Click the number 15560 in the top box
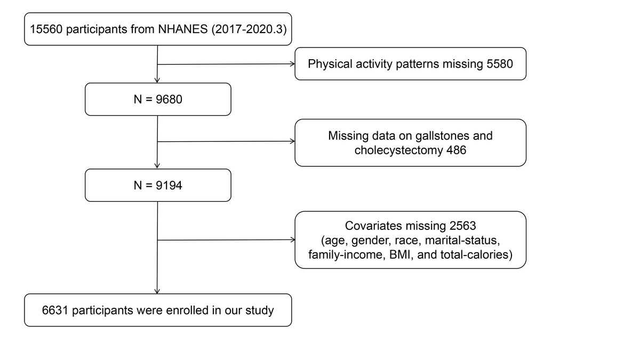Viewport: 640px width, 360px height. pyautogui.click(x=46, y=29)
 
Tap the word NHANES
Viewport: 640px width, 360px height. pyautogui.click(x=183, y=29)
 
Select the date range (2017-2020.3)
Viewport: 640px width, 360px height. pyautogui.click(x=249, y=29)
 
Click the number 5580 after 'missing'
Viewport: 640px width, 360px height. pyautogui.click(x=500, y=63)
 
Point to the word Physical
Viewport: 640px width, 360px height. pyautogui.click(x=330, y=63)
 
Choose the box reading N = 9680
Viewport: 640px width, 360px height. pyautogui.click(x=158, y=99)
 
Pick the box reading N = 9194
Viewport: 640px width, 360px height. pyautogui.click(x=158, y=185)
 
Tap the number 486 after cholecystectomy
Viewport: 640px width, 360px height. pyautogui.click(x=457, y=150)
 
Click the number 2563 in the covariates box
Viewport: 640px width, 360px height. pyautogui.click(x=462, y=226)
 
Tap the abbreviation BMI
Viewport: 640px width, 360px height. pyautogui.click(x=400, y=254)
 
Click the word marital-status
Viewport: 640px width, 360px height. pyautogui.click(x=462, y=241)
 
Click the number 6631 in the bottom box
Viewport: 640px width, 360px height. pyautogui.click(x=55, y=310)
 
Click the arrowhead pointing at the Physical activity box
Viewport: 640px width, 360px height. pyautogui.click(x=293, y=64)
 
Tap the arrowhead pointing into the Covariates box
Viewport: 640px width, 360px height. pyautogui.click(x=293, y=239)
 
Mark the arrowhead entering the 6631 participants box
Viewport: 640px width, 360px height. pyautogui.click(x=157, y=291)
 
